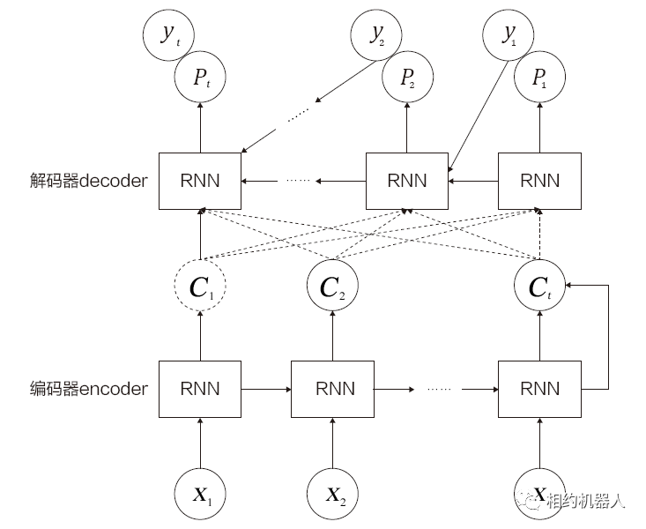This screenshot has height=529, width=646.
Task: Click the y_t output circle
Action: pyautogui.click(x=168, y=34)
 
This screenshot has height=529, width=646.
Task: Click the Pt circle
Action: pyautogui.click(x=200, y=77)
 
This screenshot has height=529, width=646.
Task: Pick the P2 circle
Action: pyautogui.click(x=406, y=77)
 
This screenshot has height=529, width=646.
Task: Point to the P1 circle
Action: pyautogui.click(x=539, y=77)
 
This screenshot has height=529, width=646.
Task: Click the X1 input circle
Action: pyautogui.click(x=200, y=493)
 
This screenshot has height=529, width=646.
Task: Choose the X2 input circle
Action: pyautogui.click(x=332, y=493)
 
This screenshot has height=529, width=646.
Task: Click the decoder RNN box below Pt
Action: pyautogui.click(x=200, y=181)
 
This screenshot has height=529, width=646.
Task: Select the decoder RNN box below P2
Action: pyautogui.click(x=406, y=181)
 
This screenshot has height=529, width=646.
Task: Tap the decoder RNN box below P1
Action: pyautogui.click(x=539, y=181)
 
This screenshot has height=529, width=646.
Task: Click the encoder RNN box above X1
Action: pyautogui.click(x=200, y=388)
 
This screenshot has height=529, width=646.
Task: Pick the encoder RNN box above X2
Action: pyautogui.click(x=332, y=388)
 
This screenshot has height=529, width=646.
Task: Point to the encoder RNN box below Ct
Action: pyautogui.click(x=539, y=388)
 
